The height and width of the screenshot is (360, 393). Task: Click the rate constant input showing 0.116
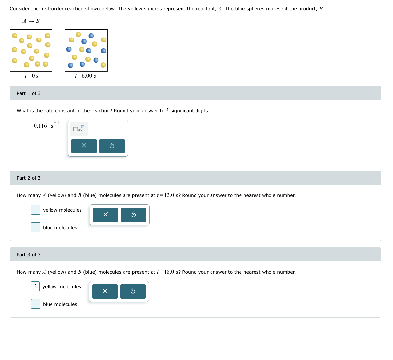click(40, 126)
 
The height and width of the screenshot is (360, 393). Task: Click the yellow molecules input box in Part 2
click(36, 210)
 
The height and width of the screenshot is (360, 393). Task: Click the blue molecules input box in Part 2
click(36, 227)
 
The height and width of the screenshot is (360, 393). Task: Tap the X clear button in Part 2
click(105, 215)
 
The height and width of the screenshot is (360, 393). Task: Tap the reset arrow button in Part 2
click(133, 215)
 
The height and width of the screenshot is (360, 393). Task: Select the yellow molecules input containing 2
click(35, 286)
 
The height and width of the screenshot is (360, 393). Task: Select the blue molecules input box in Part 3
click(36, 304)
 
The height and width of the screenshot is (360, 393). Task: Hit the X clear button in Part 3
click(105, 291)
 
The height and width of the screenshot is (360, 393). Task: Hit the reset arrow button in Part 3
click(133, 291)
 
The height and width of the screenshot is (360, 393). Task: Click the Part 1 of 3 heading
click(29, 93)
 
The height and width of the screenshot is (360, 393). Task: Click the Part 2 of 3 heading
click(29, 178)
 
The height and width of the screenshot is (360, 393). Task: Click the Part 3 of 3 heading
click(29, 255)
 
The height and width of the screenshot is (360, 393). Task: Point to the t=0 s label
click(32, 76)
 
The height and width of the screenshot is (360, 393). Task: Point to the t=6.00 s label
click(85, 76)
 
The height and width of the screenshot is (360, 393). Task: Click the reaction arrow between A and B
click(31, 22)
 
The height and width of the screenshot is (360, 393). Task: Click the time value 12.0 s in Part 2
click(172, 195)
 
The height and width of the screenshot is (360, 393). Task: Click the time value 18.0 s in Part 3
click(172, 272)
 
